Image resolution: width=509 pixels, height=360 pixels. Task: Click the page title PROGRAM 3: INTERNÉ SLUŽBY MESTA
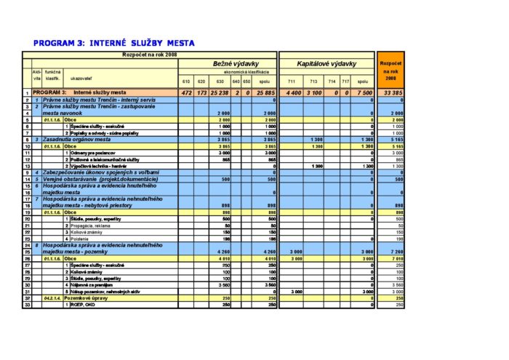[x=114, y=43]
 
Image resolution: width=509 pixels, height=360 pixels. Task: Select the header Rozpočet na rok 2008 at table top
[x=150, y=55]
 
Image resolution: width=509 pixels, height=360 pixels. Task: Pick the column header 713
[x=314, y=81]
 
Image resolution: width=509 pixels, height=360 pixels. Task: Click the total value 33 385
[x=393, y=92]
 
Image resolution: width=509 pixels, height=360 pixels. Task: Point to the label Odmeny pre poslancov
[x=90, y=153]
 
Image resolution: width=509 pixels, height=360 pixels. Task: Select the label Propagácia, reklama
[x=90, y=225]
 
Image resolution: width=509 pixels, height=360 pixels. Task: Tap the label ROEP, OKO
[x=81, y=304]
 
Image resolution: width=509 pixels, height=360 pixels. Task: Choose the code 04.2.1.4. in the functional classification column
[x=52, y=297]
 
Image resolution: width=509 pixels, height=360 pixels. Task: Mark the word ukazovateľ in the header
[x=81, y=76]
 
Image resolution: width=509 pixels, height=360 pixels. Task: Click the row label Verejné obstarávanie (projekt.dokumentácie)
[x=97, y=178]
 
